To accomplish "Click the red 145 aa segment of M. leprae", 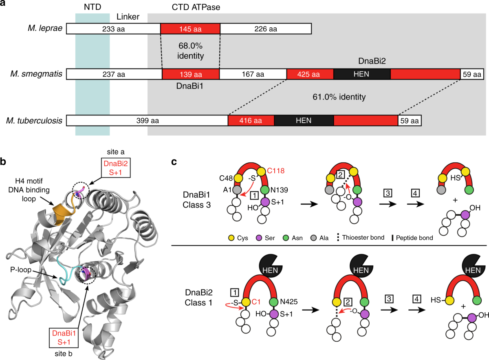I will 190,29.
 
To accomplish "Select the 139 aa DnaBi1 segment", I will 190,74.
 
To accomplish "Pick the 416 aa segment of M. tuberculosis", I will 251,120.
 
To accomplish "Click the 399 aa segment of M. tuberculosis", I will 147,120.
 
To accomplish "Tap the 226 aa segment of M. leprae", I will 265,29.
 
